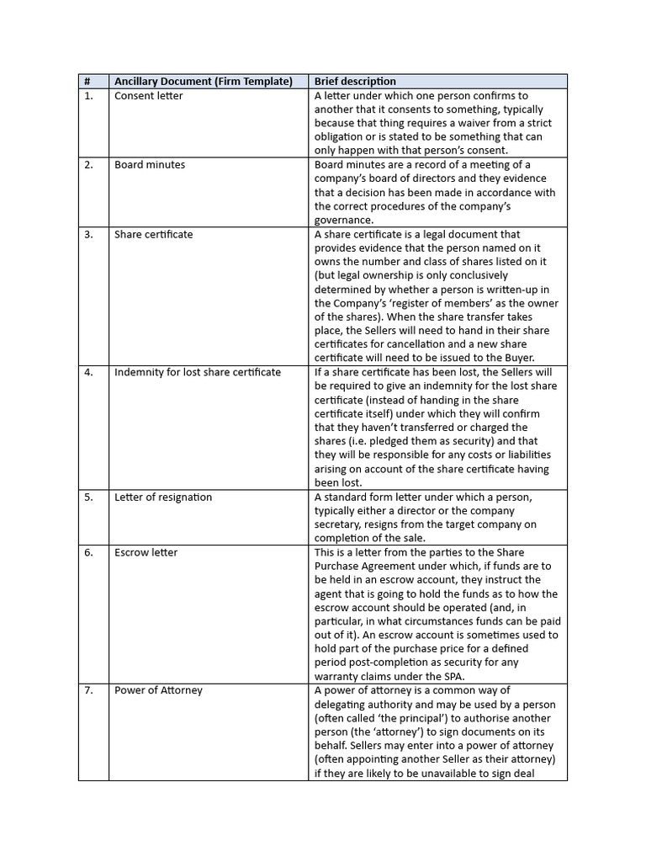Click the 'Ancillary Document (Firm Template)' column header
tap(204, 82)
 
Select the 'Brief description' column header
tap(355, 82)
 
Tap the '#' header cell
tap(87, 82)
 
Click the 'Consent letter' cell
tap(148, 96)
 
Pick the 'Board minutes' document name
tap(150, 165)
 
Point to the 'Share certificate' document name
tap(153, 234)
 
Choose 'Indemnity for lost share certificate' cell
tap(198, 372)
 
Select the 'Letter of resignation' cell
tap(163, 497)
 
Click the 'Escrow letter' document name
tap(146, 552)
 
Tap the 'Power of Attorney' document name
tap(158, 690)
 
